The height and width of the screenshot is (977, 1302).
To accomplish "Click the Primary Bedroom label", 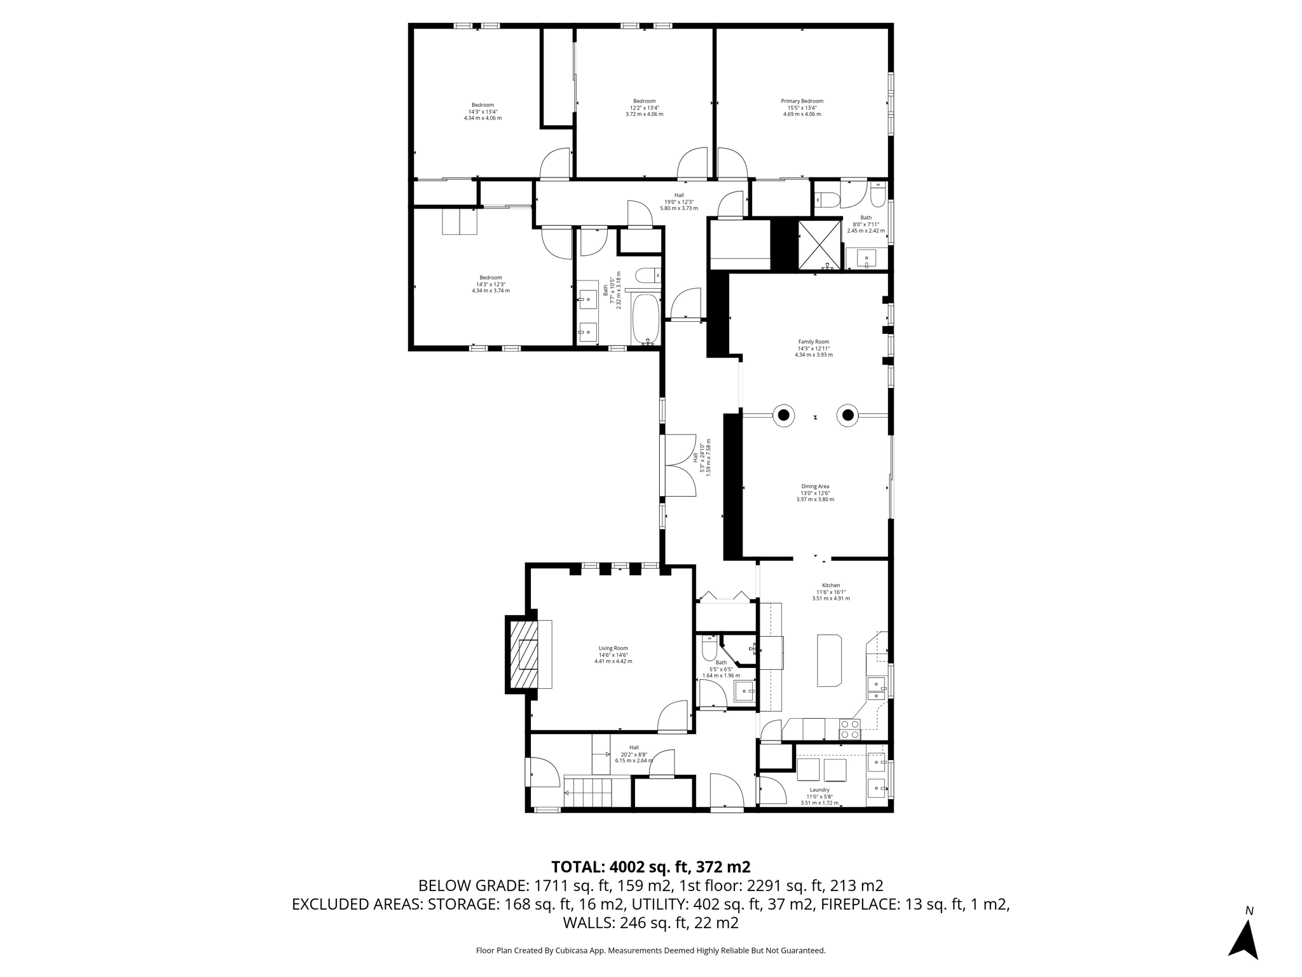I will pos(802,107).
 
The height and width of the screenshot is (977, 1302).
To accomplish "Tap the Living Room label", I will pos(613,655).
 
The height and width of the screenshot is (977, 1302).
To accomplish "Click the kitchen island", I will pos(829,660).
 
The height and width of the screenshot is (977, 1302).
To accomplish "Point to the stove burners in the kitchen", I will pos(850,728).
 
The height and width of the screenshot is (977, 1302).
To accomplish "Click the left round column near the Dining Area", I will pos(784,415).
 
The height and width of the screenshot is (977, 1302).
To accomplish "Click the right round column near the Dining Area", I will pos(847,415).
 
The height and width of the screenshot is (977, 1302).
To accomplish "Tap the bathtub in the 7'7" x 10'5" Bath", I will pos(647,319).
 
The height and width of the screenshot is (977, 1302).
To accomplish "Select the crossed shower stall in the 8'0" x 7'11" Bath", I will pos(819,245).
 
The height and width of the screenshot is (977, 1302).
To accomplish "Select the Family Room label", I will pos(814,348).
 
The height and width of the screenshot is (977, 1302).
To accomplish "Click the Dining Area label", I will pos(815,492).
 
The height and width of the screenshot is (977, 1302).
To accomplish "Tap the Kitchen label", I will pos(830,592).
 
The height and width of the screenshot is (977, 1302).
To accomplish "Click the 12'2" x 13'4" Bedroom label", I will pos(644,107).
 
